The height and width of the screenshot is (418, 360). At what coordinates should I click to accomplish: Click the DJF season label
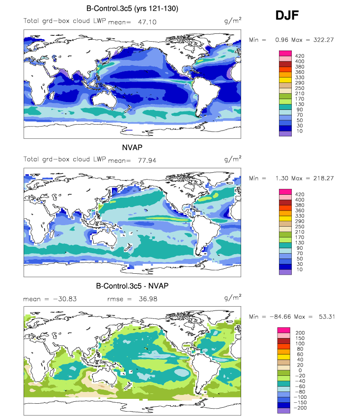[287, 15]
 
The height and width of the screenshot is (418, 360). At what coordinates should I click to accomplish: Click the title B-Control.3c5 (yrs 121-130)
[132, 8]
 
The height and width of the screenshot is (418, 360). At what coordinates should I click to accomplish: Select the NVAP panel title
[132, 147]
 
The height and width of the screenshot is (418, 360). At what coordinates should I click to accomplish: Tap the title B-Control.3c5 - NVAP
[132, 286]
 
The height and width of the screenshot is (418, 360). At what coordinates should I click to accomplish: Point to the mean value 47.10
[147, 22]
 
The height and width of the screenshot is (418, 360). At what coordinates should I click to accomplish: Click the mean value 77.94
[147, 160]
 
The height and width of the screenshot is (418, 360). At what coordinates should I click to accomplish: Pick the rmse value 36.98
[148, 299]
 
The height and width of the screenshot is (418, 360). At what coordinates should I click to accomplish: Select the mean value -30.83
[65, 299]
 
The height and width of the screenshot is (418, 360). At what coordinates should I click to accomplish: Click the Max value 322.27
[324, 40]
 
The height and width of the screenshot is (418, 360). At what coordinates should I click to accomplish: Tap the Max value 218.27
[324, 178]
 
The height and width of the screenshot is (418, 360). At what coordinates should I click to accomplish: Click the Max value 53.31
[327, 317]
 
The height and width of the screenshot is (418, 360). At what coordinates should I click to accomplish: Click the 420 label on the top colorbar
[300, 56]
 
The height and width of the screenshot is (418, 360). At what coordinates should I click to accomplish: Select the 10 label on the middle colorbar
[300, 269]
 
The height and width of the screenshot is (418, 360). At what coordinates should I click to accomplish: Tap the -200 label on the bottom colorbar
[300, 408]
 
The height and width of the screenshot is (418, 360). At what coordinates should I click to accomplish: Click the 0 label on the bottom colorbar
[300, 370]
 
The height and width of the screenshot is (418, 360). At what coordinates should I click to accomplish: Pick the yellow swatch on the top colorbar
[285, 80]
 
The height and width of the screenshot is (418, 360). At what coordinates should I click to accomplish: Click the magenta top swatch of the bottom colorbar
[284, 330]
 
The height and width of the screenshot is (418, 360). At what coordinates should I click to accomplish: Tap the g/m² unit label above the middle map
[233, 159]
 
